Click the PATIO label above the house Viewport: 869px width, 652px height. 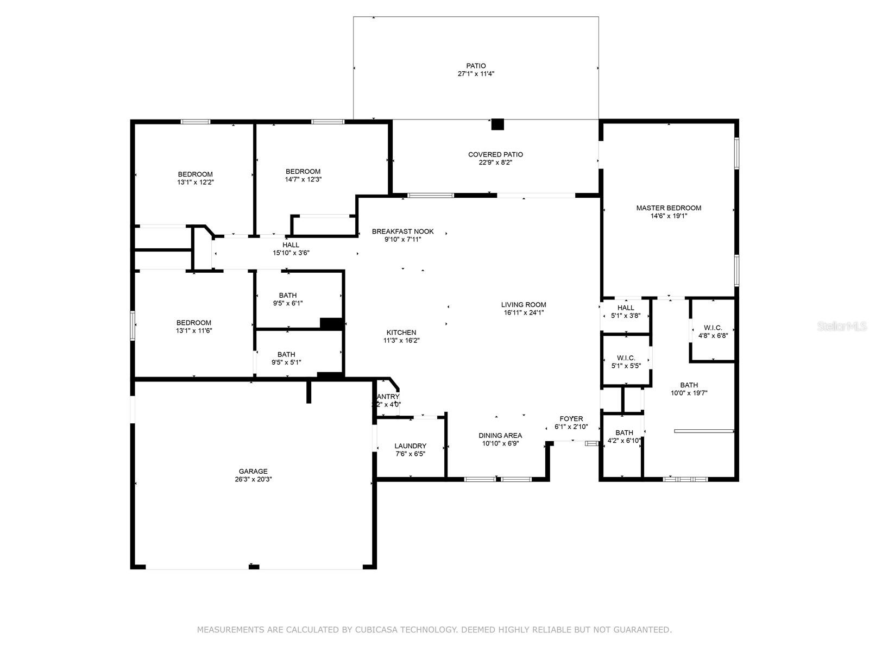476,66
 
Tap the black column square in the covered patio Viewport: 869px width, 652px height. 498,124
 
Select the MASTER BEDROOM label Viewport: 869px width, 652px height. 669,208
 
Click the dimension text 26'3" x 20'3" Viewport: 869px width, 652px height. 253,479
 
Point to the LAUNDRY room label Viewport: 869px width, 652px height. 410,446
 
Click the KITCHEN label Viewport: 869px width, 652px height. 401,333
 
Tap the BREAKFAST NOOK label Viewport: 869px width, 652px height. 402,231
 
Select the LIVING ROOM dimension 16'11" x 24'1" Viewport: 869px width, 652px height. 524,312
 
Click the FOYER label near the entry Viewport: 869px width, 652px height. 571,419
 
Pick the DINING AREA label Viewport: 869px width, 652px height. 500,435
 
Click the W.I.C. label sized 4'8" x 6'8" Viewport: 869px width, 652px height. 713,328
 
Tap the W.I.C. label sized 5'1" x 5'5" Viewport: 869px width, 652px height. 626,358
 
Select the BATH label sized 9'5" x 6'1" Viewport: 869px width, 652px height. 288,296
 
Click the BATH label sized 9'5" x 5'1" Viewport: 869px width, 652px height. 286,354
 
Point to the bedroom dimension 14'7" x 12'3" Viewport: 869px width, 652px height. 303,179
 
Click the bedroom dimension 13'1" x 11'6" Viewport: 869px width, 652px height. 194,330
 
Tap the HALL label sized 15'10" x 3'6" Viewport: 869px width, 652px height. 291,245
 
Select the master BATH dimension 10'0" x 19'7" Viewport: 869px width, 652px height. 689,393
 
